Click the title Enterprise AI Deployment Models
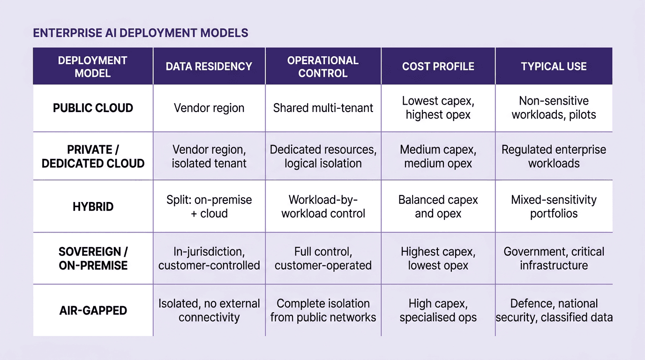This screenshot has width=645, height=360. [141, 33]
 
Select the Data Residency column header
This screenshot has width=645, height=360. [209, 67]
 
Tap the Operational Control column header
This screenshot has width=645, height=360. [323, 67]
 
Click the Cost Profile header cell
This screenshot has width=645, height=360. [438, 67]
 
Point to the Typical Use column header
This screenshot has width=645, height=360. [554, 67]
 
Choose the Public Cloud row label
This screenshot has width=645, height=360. [93, 108]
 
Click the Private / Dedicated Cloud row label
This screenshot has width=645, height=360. [93, 157]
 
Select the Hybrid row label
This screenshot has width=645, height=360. [93, 207]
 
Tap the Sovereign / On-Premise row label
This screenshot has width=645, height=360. [93, 258]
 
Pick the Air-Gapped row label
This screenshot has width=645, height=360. [93, 310]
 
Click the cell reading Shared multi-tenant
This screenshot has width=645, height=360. [323, 108]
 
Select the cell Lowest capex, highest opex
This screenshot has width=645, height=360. [438, 108]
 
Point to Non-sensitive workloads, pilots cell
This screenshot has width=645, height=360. [554, 108]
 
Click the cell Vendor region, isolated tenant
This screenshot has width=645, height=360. [209, 157]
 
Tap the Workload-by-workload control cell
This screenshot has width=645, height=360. [323, 207]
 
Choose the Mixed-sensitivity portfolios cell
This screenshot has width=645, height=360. [554, 207]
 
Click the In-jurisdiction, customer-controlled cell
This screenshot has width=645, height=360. [209, 258]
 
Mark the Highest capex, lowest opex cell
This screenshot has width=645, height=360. [438, 258]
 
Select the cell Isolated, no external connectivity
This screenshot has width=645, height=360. [209, 310]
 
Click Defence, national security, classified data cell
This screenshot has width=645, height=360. [554, 310]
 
